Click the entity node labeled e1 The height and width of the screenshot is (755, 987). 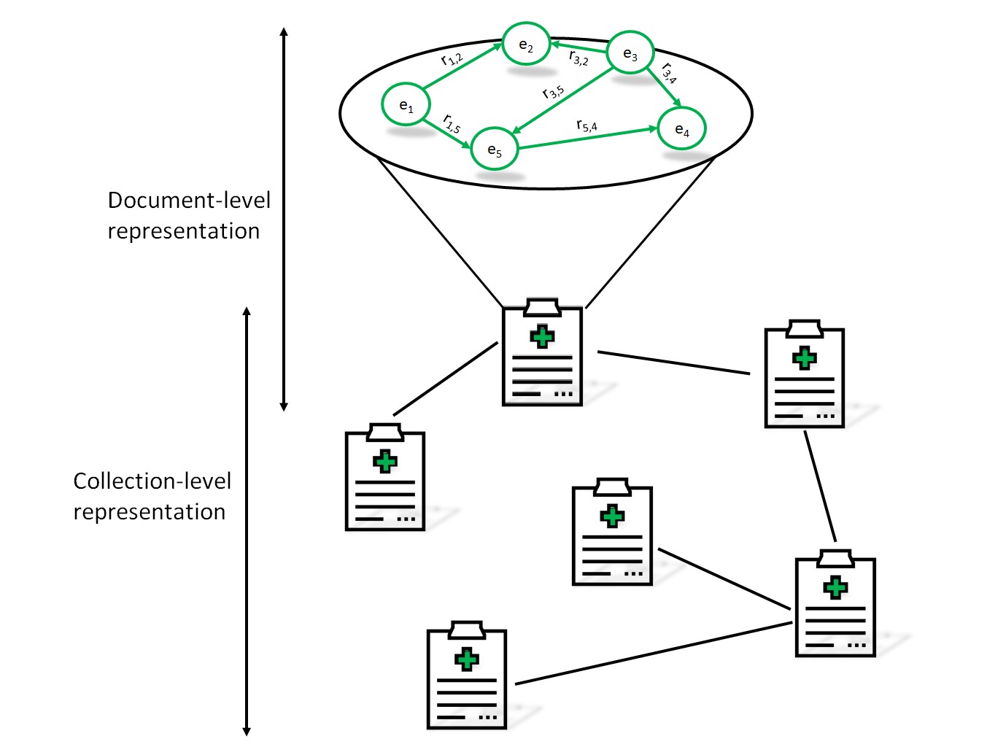tap(406, 104)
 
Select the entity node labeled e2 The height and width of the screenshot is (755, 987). tap(526, 44)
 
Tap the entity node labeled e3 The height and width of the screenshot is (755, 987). tap(630, 53)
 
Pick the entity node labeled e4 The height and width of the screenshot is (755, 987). tap(681, 128)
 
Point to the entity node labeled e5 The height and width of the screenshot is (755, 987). tap(494, 148)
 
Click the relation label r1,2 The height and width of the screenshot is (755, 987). tap(452, 58)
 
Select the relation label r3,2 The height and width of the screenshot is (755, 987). tap(578, 58)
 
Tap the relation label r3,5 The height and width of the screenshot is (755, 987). tap(553, 92)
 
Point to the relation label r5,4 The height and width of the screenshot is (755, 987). tap(587, 125)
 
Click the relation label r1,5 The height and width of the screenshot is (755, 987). tap(452, 123)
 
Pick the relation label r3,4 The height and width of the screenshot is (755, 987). tap(669, 73)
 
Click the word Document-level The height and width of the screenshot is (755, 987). tap(189, 200)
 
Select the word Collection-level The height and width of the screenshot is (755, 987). tap(152, 481)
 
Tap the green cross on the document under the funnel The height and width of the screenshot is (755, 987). tap(542, 336)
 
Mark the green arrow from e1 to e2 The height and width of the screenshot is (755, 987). tap(462, 66)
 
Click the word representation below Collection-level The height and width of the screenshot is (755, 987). tap(150, 513)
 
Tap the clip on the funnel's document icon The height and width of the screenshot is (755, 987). tap(542, 307)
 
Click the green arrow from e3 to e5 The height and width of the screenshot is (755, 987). tap(563, 100)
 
